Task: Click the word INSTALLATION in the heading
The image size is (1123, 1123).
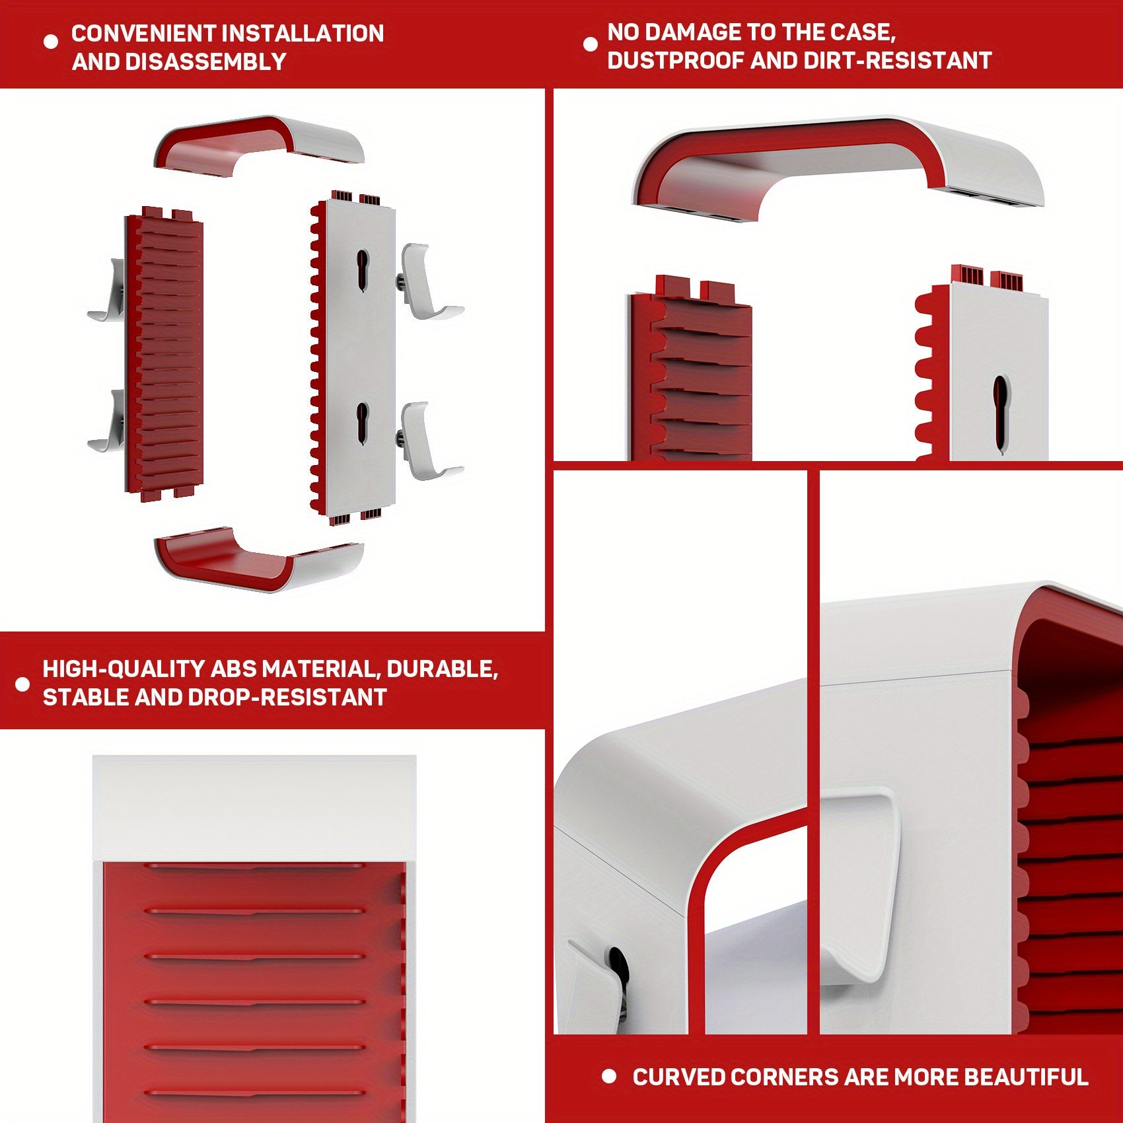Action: coord(302,33)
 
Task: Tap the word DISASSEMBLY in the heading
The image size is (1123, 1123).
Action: coord(205,61)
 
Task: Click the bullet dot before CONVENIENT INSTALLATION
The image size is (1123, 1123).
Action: coord(51,42)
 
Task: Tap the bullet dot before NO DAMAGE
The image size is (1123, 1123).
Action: coord(591,44)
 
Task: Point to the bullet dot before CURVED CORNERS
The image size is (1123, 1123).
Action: coord(609,1077)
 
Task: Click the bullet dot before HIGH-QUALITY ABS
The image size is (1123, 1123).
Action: coord(22,684)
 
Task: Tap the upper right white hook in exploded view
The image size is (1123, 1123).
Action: coord(426,281)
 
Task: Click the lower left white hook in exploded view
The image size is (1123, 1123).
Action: coord(109,423)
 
